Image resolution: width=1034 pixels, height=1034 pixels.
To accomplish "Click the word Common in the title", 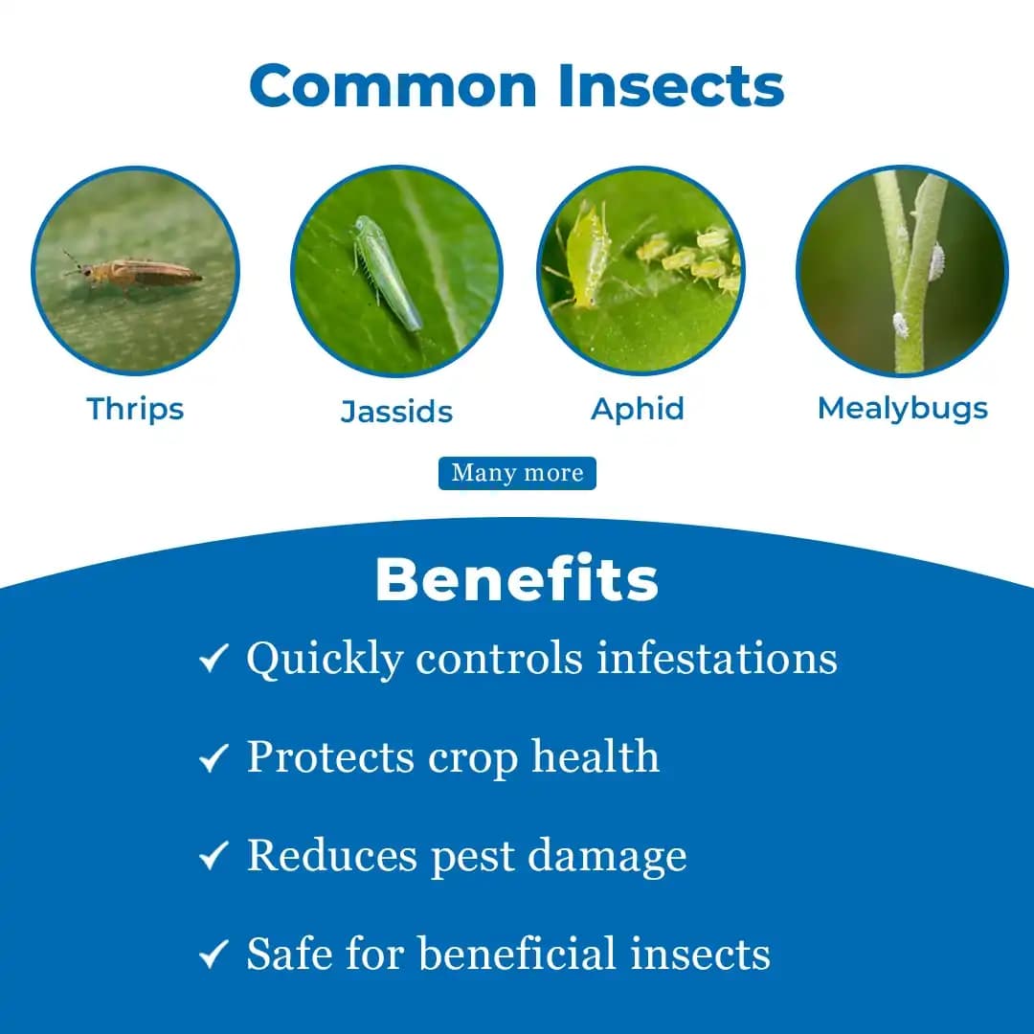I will [394, 86].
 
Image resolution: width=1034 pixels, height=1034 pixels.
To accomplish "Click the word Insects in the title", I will [671, 86].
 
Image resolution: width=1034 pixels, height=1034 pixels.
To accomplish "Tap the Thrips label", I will [135, 409].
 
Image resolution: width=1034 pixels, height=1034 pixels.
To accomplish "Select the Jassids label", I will [396, 412].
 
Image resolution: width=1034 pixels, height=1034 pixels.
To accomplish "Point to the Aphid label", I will [638, 409].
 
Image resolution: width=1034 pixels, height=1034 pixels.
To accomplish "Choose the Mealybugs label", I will [902, 409].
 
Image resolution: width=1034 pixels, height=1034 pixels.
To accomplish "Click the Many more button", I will [517, 473].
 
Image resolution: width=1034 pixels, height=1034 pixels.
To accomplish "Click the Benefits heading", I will [517, 579].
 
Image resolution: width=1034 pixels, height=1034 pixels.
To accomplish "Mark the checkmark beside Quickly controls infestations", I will [214, 659].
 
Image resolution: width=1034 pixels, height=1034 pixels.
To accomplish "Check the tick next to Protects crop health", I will [214, 759].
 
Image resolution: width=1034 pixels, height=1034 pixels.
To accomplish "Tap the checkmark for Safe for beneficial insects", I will [214, 955].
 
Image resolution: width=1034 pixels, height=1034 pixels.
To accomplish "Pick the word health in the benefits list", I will [596, 757].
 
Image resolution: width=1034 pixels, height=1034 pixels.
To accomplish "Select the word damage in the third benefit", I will [607, 855].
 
